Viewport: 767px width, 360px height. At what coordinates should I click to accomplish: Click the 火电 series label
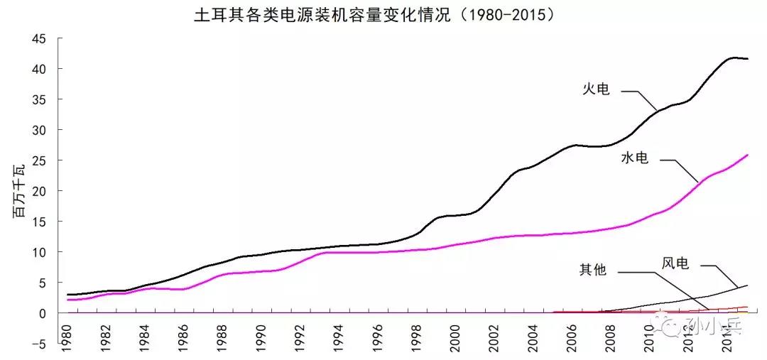tap(597, 89)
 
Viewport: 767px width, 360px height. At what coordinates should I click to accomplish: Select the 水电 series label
tap(634, 158)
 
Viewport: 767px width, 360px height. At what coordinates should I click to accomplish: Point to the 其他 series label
tap(593, 270)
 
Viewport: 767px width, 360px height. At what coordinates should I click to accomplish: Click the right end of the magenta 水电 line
tap(748, 155)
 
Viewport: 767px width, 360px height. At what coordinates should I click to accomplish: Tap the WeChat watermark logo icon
tap(672, 326)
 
